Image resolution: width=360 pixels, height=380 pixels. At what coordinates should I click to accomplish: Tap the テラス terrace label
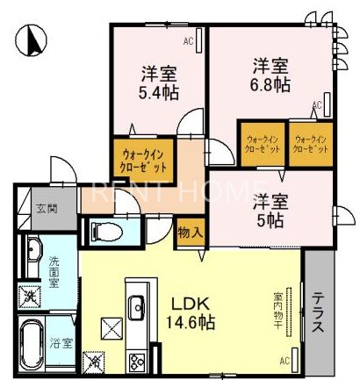tap(318, 312)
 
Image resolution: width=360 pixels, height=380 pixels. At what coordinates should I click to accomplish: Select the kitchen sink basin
tap(137, 307)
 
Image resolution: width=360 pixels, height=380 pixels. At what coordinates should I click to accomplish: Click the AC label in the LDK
tap(284, 360)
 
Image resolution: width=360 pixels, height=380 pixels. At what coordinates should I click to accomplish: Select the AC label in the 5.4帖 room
tap(188, 41)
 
